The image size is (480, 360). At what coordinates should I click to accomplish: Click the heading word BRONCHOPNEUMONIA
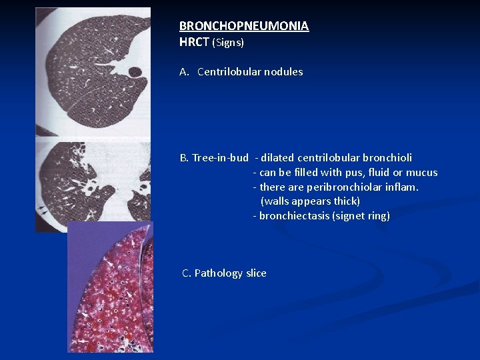243,26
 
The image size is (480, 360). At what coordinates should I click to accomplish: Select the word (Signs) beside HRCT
228,43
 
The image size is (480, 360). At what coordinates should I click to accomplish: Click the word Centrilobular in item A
228,72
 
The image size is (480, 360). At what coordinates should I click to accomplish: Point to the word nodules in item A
283,72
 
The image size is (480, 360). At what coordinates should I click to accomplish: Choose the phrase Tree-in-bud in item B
220,158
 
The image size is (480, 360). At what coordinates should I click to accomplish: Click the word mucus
422,173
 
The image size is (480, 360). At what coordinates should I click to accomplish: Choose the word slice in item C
255,273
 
